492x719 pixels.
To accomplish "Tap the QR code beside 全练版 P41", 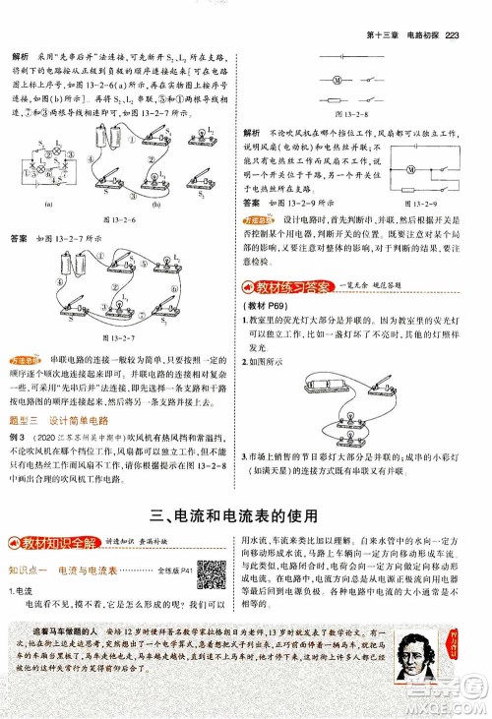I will (x=210, y=570).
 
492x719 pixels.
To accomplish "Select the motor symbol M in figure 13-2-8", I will (x=337, y=81).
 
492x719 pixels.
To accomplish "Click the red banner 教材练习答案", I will (x=290, y=286).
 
